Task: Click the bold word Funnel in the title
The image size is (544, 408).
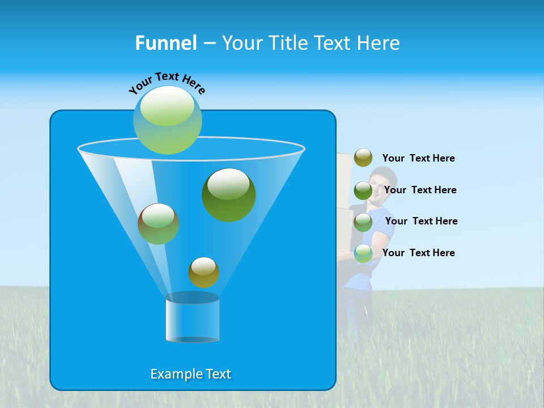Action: tap(166, 43)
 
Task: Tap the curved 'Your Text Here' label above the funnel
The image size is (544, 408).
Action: tap(167, 82)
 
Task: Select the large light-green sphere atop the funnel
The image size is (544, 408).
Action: tap(168, 120)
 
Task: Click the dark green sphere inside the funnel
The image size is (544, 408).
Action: tap(228, 194)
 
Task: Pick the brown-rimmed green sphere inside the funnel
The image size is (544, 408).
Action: tap(158, 224)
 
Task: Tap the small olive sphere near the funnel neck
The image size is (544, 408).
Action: tap(203, 273)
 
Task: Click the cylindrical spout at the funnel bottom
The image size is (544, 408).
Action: tap(192, 320)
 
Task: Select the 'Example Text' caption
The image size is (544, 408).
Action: tap(191, 374)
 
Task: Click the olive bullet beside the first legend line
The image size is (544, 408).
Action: tap(363, 158)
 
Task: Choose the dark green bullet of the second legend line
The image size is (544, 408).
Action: tap(363, 190)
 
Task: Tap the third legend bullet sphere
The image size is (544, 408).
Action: tap(363, 222)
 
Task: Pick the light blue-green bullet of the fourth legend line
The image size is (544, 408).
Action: tap(363, 253)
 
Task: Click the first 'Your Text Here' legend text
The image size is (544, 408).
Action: tap(418, 158)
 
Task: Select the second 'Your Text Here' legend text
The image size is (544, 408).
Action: tap(420, 190)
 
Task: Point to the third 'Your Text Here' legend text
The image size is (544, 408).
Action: tap(421, 221)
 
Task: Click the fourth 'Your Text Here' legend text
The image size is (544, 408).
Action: tap(418, 253)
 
